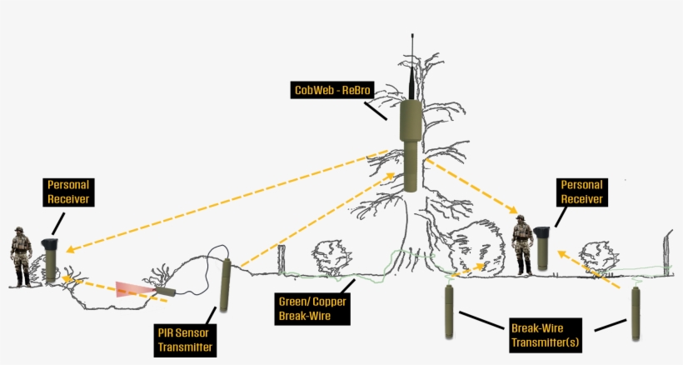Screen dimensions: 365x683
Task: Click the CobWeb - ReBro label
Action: click(x=332, y=90)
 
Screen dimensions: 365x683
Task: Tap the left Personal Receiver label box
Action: click(x=68, y=192)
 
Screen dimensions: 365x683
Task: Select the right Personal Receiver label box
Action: click(x=581, y=191)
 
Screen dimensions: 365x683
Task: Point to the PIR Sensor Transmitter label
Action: click(x=184, y=341)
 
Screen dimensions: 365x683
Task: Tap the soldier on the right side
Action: click(x=523, y=245)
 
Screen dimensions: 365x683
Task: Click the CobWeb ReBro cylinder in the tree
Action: click(x=411, y=146)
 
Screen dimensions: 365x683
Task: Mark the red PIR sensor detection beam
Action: click(x=133, y=288)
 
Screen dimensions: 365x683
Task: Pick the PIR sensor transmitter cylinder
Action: click(x=225, y=285)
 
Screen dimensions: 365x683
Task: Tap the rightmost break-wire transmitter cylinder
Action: click(x=636, y=312)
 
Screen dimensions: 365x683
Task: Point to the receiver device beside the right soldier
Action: click(x=543, y=247)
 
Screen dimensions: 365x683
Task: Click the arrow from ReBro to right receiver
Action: click(x=471, y=187)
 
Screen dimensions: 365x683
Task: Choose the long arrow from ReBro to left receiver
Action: click(x=225, y=200)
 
